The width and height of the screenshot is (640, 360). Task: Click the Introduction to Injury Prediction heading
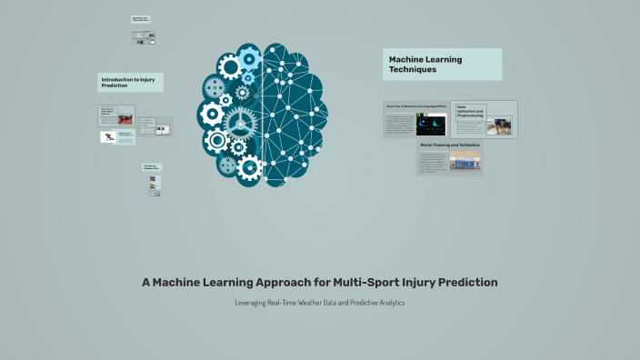click(130, 83)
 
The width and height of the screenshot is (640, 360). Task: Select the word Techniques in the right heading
click(413, 69)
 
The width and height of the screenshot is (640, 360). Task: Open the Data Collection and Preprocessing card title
click(471, 112)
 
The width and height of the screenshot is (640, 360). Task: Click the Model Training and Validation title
click(449, 145)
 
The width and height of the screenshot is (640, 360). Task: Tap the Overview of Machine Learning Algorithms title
click(415, 106)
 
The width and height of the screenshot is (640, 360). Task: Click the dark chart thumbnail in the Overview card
click(430, 125)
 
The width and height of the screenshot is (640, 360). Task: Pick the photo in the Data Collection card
click(498, 126)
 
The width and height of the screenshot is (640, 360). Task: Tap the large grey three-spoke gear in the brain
click(240, 122)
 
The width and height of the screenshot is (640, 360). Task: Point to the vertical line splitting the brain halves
click(263, 114)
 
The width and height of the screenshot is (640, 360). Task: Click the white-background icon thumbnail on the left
click(108, 137)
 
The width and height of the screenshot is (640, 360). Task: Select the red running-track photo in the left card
click(125, 119)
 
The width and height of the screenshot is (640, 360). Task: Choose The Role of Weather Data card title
click(151, 167)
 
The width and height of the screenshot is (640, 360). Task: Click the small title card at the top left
click(140, 18)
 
